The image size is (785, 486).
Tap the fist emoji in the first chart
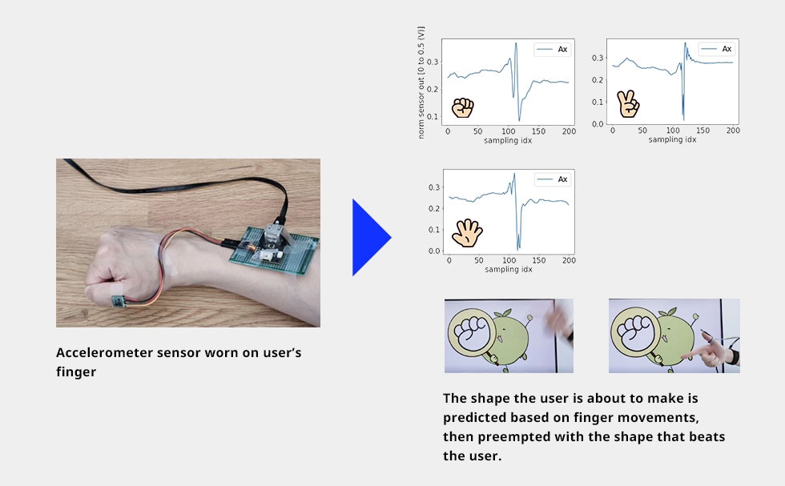[x=462, y=107]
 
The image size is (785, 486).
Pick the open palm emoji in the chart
[x=466, y=233]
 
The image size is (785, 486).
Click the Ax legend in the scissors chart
[x=717, y=49]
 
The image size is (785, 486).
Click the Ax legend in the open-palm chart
[x=553, y=179]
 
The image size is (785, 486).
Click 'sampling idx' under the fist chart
[x=508, y=140]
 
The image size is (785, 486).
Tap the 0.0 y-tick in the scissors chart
[x=597, y=124]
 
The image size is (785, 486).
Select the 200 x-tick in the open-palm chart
[x=568, y=261]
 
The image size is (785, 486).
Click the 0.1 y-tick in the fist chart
[x=433, y=117]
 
